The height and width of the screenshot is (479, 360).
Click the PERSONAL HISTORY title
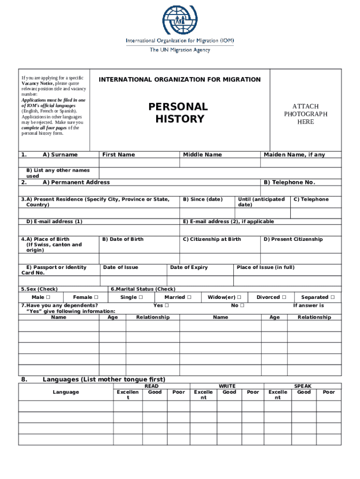tap(178, 113)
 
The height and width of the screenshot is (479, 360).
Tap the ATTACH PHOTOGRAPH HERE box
tap(305, 114)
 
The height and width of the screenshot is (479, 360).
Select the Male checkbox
tap(48, 298)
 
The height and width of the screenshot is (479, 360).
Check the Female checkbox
tap(96, 298)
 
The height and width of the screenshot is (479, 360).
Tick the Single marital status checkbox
tap(141, 298)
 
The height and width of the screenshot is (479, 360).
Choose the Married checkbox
tap(189, 298)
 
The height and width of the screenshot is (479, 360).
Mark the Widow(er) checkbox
tap(239, 298)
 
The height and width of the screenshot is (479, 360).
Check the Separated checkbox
tap(332, 298)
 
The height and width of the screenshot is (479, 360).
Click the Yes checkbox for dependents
tap(166, 306)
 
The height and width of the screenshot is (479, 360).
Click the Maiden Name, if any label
tap(294, 155)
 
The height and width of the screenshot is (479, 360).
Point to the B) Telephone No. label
tap(289, 182)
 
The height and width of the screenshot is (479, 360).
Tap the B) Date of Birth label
tap(123, 239)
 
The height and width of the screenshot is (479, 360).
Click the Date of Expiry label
tap(189, 268)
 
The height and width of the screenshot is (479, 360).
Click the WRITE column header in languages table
tap(227, 386)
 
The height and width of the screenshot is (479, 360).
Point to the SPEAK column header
tap(302, 386)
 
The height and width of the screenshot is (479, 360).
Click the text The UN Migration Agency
tap(180, 50)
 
